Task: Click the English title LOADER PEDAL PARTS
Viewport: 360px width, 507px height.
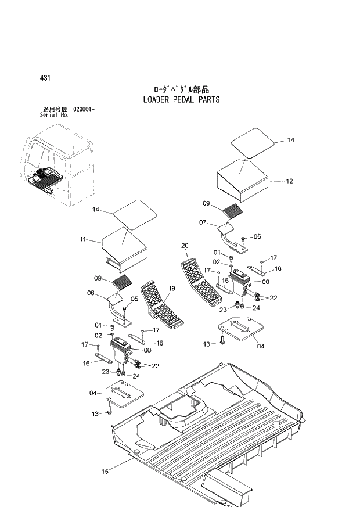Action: (x=181, y=99)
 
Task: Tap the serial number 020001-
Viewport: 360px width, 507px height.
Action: (x=84, y=109)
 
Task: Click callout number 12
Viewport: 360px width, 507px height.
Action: (x=289, y=181)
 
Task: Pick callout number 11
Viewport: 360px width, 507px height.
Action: (x=83, y=239)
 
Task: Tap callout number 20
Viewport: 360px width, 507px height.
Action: (x=185, y=246)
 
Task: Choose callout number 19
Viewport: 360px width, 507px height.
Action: (x=172, y=288)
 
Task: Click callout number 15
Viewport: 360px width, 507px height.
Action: (x=105, y=472)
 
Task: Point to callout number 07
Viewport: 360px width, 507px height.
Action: (x=203, y=222)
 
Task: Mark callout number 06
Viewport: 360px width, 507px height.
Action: (x=91, y=293)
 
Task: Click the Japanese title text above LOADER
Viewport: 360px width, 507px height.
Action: (x=181, y=89)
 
